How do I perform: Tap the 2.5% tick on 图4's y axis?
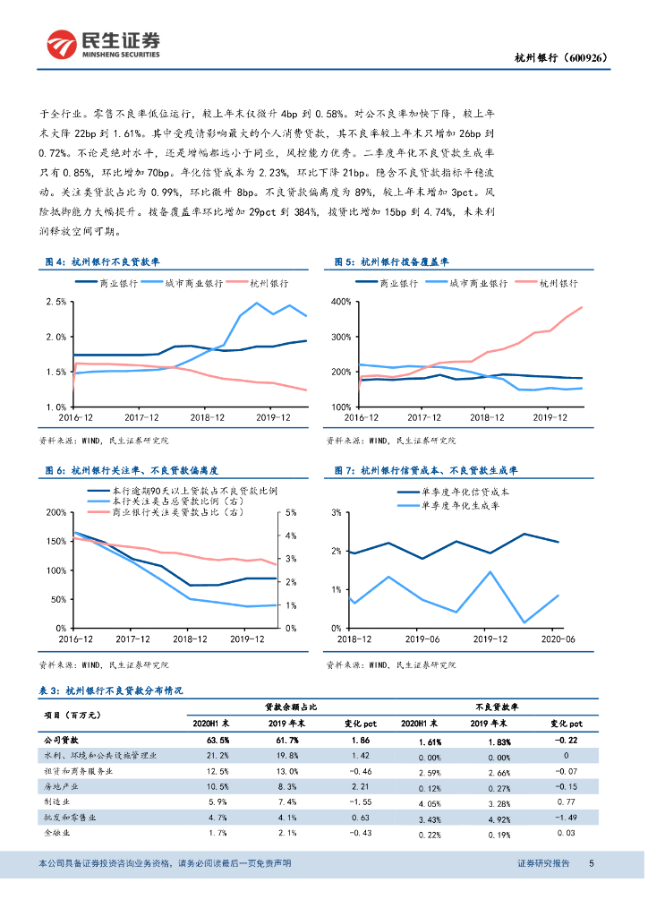coord(55,302)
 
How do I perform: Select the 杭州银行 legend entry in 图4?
coord(265,283)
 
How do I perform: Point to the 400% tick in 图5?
coord(341,302)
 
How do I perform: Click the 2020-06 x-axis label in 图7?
coord(555,640)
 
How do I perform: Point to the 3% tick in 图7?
coord(337,512)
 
